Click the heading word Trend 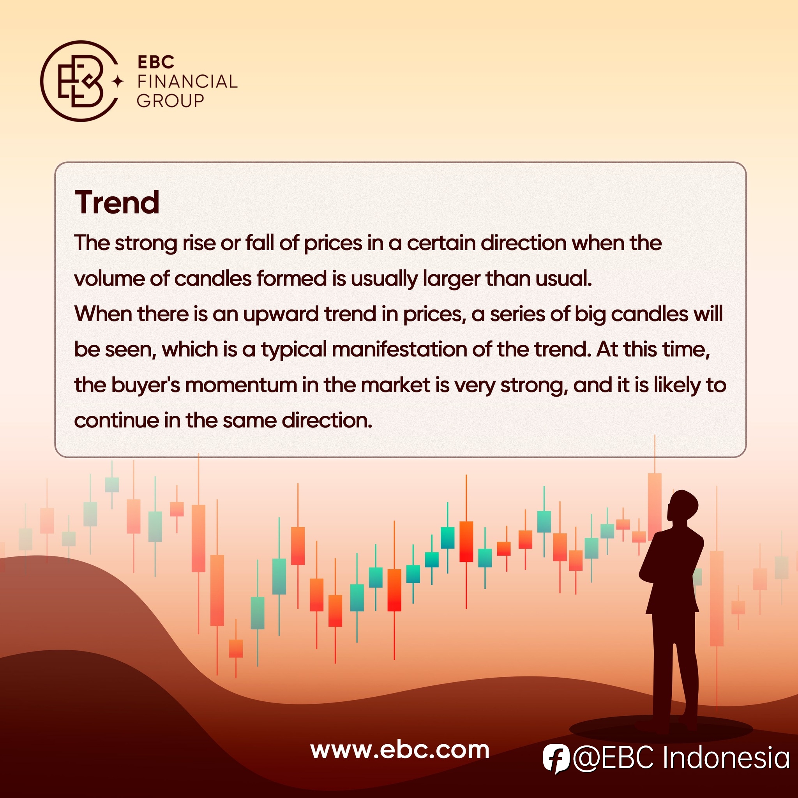(x=117, y=202)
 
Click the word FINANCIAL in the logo (x=187, y=81)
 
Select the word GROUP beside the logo (x=170, y=101)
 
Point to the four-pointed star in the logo (x=118, y=81)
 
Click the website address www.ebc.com (x=400, y=750)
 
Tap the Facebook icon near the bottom (x=556, y=758)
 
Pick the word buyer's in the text (x=146, y=385)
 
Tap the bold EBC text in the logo (x=156, y=62)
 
